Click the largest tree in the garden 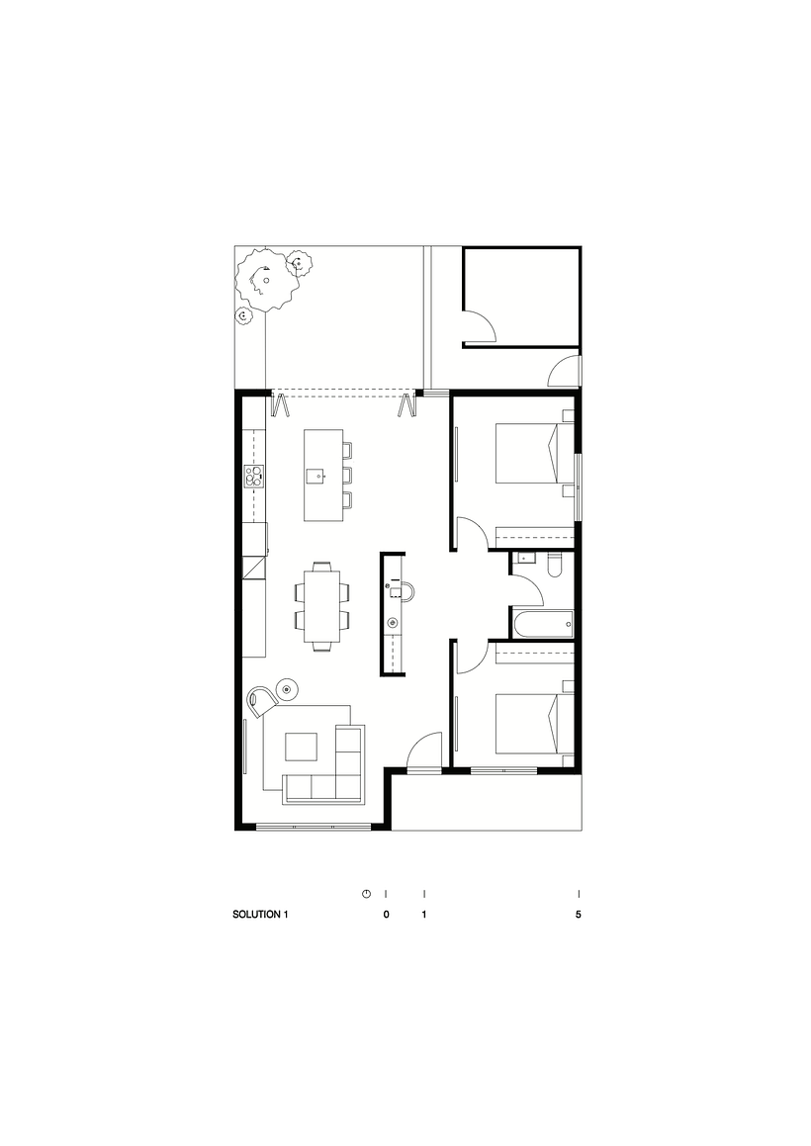266,281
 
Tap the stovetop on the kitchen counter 255,478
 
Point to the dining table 320,605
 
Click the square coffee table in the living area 303,747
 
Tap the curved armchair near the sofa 263,699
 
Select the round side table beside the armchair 288,686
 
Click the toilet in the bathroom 554,564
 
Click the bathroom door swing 529,590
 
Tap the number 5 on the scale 579,915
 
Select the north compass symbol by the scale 366,894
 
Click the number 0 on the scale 386,915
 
